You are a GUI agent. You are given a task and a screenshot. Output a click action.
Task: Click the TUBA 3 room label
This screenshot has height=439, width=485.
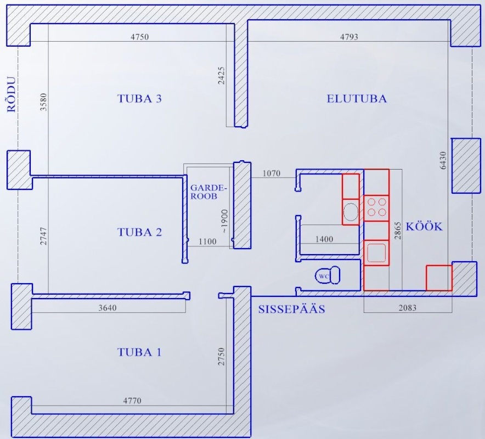(139, 98)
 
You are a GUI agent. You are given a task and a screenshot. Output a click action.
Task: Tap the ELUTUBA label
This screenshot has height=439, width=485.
(357, 98)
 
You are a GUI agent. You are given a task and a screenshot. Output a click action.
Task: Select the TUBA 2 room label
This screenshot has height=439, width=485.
(139, 232)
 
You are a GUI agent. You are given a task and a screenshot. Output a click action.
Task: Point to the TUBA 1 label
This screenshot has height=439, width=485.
(139, 352)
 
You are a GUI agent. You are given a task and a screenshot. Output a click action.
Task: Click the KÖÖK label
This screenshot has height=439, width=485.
(424, 226)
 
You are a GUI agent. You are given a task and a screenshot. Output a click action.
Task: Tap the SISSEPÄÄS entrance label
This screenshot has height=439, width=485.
(292, 309)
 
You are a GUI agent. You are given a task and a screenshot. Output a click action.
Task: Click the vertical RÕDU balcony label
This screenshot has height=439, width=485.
(12, 94)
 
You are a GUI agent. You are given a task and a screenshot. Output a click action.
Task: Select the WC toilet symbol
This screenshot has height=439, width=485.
(327, 275)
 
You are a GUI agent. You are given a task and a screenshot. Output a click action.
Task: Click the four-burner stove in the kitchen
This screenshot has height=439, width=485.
(376, 208)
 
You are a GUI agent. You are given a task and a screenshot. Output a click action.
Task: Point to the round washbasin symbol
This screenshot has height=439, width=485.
(351, 212)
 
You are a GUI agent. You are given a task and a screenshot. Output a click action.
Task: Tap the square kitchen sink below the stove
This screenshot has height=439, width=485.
(376, 252)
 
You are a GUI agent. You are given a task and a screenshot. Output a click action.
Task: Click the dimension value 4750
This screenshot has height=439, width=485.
(139, 37)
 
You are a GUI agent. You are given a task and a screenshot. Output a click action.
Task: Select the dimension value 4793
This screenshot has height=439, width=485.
(349, 37)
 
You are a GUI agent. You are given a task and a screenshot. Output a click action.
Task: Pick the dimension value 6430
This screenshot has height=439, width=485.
(443, 160)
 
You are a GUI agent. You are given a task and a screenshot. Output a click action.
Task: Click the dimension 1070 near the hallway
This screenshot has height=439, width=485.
(271, 173)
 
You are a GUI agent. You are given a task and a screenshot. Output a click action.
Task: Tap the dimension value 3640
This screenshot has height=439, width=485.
(108, 308)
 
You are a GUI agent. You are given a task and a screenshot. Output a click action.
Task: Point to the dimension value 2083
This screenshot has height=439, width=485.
(407, 308)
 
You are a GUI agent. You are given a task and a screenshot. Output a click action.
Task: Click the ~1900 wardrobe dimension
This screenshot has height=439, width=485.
(224, 221)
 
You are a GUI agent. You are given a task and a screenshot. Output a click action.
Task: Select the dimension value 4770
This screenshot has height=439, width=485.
(132, 401)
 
